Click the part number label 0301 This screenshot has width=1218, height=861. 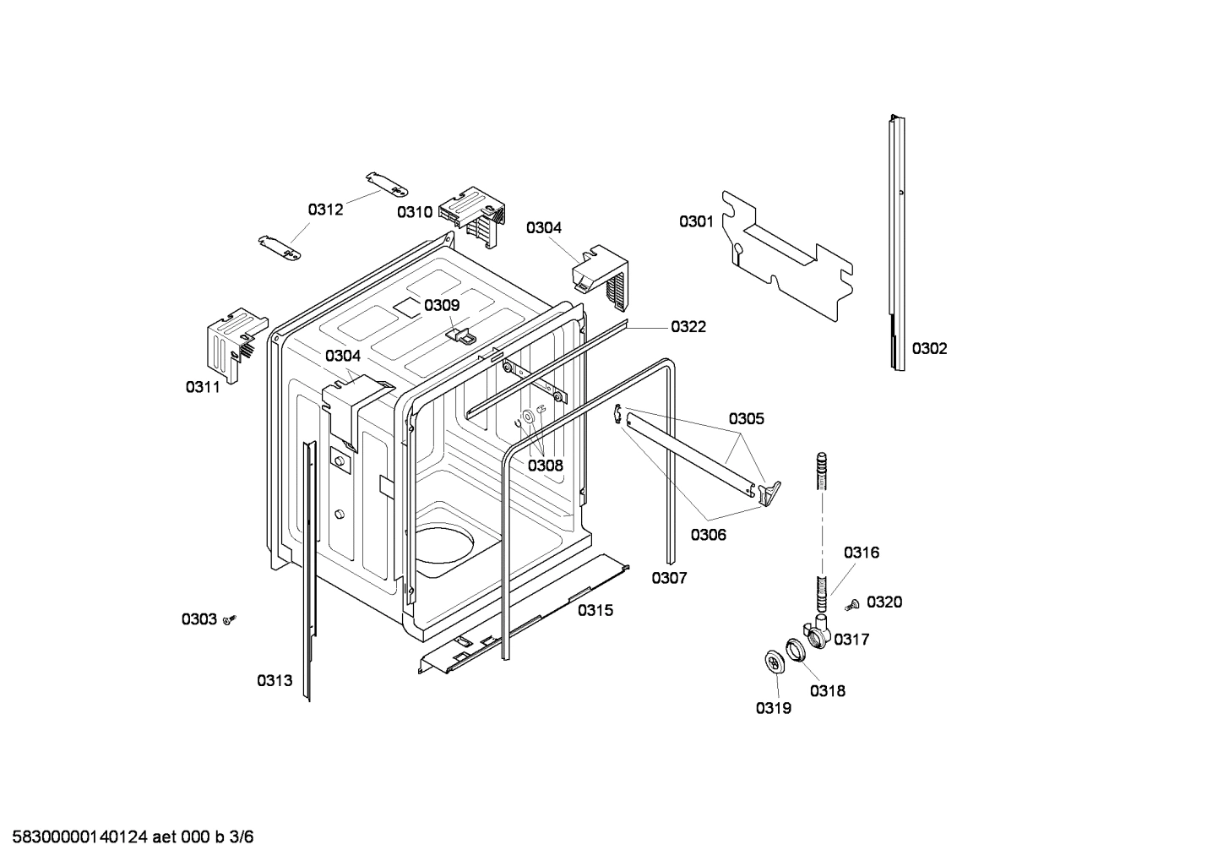click(x=696, y=221)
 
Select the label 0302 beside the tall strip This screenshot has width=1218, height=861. click(x=929, y=348)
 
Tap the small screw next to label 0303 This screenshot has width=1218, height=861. click(x=230, y=620)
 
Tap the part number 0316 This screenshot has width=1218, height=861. click(x=861, y=553)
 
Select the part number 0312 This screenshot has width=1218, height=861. click(x=325, y=210)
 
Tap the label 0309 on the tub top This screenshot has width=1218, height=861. click(x=442, y=305)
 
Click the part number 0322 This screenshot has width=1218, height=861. click(x=688, y=326)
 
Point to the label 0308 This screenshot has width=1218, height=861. click(x=546, y=465)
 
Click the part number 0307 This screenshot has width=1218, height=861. click(x=669, y=578)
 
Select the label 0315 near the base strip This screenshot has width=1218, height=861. click(x=595, y=610)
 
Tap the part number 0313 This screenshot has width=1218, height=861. click(x=275, y=680)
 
